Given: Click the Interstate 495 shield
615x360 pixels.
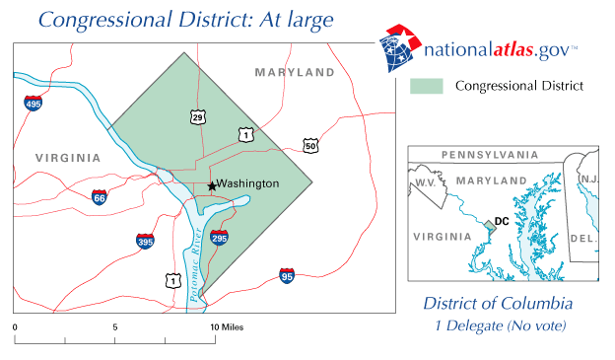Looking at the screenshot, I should [34, 102].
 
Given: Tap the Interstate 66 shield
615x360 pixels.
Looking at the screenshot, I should [99, 197].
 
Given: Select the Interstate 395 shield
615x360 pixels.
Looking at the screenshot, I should [145, 240].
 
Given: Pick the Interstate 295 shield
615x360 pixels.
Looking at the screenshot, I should [219, 238].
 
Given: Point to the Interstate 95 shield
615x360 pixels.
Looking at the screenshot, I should [287, 274].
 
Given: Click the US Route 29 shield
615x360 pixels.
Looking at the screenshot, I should [199, 117].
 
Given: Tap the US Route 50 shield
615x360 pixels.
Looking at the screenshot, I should [310, 145].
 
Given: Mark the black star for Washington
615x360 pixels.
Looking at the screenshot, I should [212, 185].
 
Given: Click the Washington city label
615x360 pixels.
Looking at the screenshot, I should [248, 183].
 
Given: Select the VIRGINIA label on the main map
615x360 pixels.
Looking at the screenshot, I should [67, 158].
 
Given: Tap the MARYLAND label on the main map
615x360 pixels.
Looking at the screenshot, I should [295, 72].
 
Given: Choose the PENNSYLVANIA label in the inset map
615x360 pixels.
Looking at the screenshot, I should [490, 155].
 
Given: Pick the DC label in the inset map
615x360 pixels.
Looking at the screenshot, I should [502, 222].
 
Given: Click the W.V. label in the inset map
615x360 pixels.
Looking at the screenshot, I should [425, 183].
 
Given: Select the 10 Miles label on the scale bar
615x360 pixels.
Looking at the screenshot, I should [224, 325].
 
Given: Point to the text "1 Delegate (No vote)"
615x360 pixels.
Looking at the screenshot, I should [497, 325].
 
